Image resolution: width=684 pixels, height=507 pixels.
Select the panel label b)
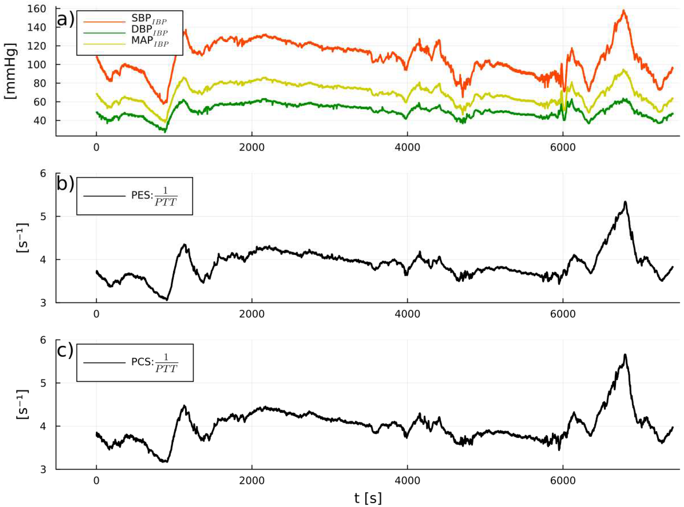65,184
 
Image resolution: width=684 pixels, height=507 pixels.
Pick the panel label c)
65,350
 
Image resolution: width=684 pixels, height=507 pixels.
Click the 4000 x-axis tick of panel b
407,313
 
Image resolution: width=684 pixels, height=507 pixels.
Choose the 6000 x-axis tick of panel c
563,480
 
